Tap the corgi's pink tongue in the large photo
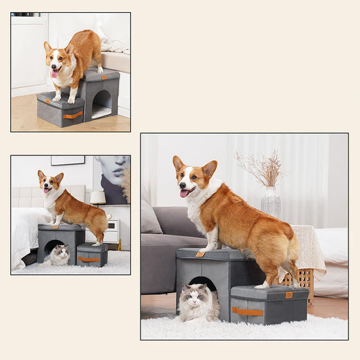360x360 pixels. (x=184, y=193)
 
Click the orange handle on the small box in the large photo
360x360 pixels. (x=248, y=311)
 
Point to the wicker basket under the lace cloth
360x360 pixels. (x=305, y=277)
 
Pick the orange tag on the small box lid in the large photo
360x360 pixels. (x=288, y=294)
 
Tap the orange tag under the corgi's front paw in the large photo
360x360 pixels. (x=200, y=254)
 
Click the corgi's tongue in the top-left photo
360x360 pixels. (x=55, y=73)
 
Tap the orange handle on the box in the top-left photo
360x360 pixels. (x=72, y=115)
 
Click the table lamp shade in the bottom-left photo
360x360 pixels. (x=98, y=197)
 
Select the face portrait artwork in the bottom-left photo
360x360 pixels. (x=112, y=178)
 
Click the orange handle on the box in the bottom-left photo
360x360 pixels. (x=88, y=259)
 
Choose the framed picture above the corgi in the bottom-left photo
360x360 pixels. (x=68, y=160)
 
